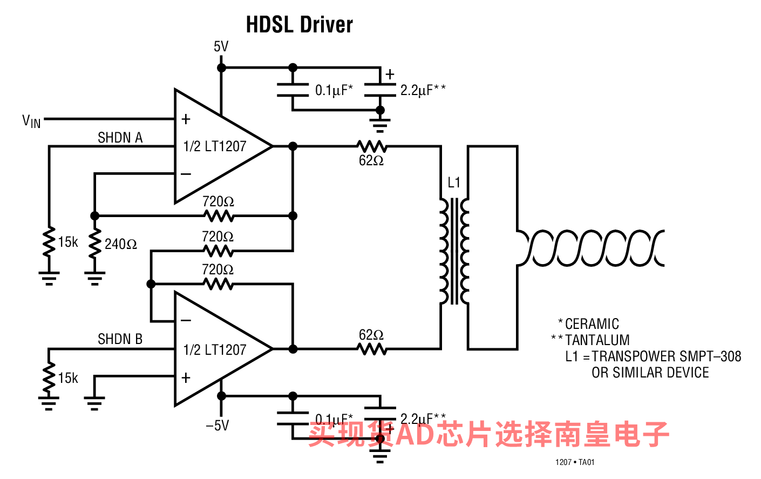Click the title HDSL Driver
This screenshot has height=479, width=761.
299,25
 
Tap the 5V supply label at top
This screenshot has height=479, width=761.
221,47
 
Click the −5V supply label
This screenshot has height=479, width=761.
217,426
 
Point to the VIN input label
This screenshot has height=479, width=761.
31,122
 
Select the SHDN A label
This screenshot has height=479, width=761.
120,138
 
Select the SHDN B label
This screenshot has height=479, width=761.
120,339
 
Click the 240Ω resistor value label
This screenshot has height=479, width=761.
121,244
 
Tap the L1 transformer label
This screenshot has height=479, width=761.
454,183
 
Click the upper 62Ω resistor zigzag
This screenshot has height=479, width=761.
371,146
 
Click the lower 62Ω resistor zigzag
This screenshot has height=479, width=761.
372,349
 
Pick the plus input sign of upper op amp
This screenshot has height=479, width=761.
186,119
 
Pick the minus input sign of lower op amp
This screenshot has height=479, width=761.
186,321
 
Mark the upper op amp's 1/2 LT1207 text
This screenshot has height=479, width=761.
215,146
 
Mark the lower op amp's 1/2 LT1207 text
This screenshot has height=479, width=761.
215,350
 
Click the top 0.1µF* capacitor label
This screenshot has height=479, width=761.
334,90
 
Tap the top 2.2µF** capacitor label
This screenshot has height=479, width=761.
423,90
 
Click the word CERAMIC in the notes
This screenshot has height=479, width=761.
592,324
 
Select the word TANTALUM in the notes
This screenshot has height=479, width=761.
597,340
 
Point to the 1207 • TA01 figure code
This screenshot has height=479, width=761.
575,462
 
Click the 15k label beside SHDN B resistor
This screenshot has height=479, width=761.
68,378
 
